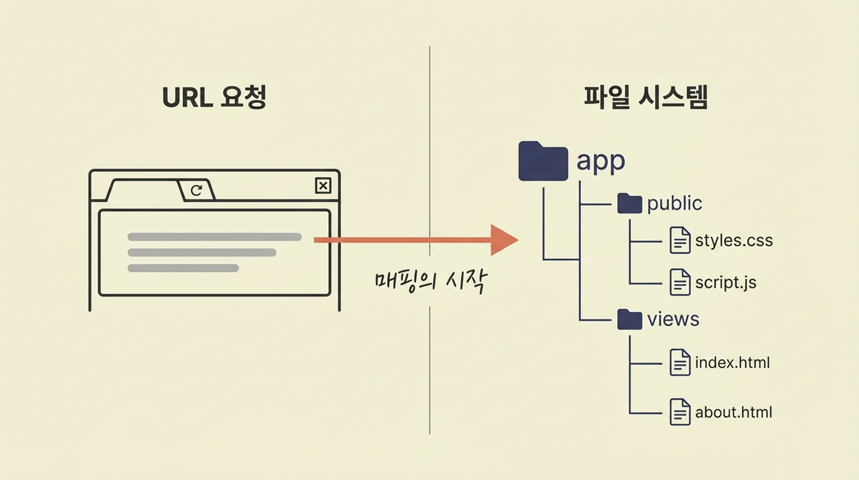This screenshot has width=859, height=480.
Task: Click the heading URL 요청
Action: pyautogui.click(x=214, y=97)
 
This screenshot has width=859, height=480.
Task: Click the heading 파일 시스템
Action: pyautogui.click(x=645, y=97)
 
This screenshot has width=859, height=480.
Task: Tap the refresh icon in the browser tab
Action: pyautogui.click(x=196, y=190)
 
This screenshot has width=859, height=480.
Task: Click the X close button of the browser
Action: pyautogui.click(x=323, y=186)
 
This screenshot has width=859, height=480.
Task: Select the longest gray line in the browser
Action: pyautogui.click(x=214, y=237)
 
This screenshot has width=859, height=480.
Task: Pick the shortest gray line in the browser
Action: pyautogui.click(x=183, y=268)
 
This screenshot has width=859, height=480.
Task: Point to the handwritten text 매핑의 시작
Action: pyautogui.click(x=431, y=281)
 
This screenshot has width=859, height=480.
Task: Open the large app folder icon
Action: pyautogui.click(x=543, y=162)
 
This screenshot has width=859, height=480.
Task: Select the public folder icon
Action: pyautogui.click(x=629, y=203)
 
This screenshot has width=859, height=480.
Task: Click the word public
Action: pyautogui.click(x=674, y=203)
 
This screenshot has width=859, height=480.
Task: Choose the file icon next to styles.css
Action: pyautogui.click(x=680, y=240)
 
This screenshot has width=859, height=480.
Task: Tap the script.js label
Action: pyautogui.click(x=725, y=282)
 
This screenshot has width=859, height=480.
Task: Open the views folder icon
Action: pyautogui.click(x=629, y=320)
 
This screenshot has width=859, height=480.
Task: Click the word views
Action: pyautogui.click(x=673, y=319)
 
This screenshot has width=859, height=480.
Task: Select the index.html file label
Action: pyautogui.click(x=732, y=362)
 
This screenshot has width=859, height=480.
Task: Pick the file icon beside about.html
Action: pyautogui.click(x=680, y=412)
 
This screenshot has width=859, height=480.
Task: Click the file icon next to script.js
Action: pyautogui.click(x=680, y=282)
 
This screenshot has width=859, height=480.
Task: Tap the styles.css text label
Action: pyautogui.click(x=733, y=240)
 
